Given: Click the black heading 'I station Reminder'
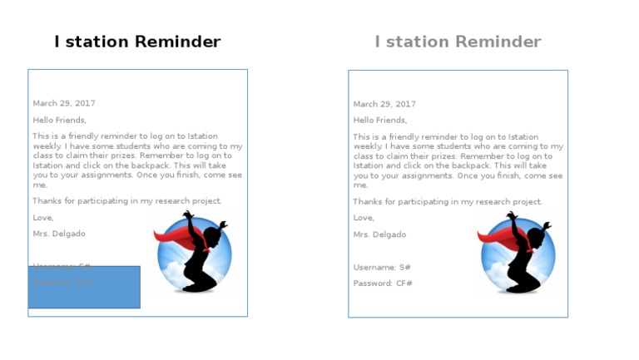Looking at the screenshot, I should pos(137,42).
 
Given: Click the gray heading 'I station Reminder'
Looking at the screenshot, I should pos(458,42).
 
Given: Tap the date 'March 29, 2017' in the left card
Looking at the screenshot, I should pos(64,103).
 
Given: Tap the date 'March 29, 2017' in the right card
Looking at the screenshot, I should pos(384,104).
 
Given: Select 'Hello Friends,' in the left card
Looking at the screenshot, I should pos(59,120).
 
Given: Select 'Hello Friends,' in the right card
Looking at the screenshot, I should pos(379,121).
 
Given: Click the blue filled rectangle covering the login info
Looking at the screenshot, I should pos(84,288).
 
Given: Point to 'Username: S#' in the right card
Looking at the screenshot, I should pos(382,268).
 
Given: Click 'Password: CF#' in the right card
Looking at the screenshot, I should pos(383,284).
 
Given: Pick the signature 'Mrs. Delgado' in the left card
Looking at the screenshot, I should pos(59,234).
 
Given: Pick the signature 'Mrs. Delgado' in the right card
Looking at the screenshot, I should pos(379,234).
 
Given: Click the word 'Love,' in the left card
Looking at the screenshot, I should pos(43,218).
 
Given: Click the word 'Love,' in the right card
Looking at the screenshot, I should pos(364,218).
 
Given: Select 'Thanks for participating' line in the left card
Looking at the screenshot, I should pos(127,201).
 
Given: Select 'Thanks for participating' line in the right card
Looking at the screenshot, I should pos(448,202).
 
